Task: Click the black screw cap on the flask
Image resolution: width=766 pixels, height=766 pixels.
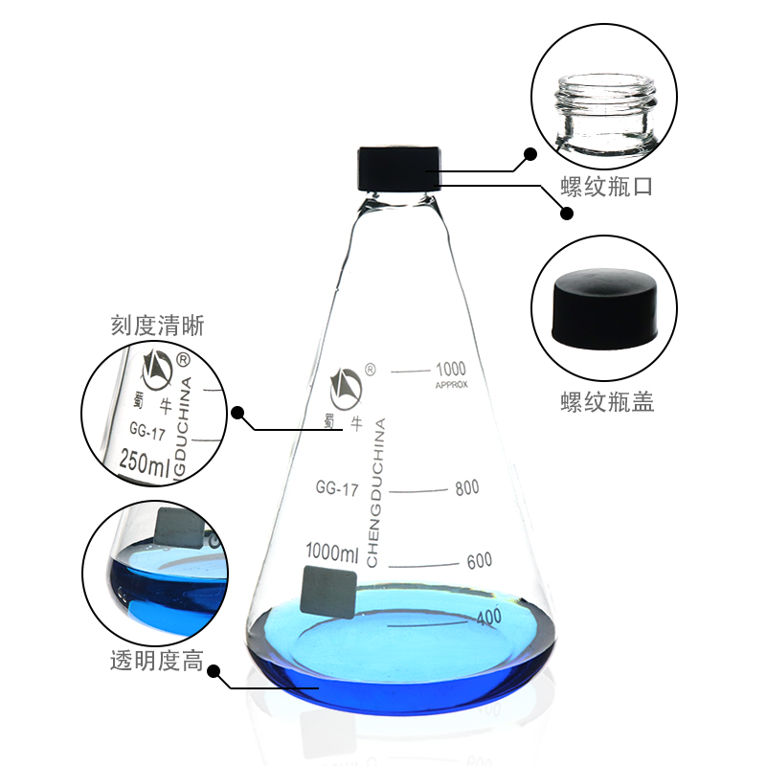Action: coord(399,169)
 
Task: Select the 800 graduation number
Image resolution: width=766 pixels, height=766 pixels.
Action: coord(466,487)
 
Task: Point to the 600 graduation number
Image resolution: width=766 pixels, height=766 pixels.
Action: coord(479,560)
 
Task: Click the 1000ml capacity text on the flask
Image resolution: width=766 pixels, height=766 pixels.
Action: coord(331,552)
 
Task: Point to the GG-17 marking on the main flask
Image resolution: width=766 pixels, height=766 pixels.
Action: coord(336,489)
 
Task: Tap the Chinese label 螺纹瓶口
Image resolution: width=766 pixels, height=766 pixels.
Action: coord(606,187)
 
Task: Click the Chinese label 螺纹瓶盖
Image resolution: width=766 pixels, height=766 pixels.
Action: coord(606,402)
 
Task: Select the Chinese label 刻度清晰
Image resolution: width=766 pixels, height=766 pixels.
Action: coord(157,327)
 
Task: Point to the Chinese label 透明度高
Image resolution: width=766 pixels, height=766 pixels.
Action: coord(156,660)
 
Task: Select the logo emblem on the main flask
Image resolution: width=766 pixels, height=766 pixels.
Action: coord(345,384)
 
